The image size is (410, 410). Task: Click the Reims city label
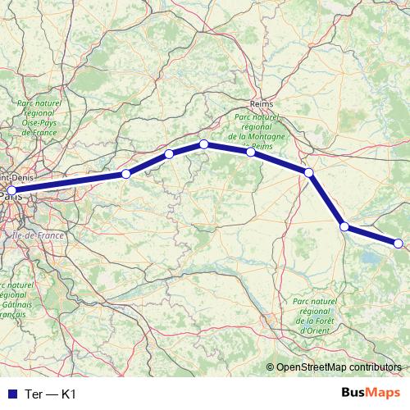point(261,105)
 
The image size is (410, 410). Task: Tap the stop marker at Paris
point(11,190)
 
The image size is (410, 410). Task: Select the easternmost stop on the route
point(399,243)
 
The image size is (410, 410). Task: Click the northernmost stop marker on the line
point(203,144)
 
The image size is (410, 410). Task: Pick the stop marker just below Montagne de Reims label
point(250,152)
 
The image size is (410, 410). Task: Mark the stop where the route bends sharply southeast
point(309,172)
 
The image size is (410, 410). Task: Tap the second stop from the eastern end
point(345,225)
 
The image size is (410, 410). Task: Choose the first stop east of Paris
point(125,174)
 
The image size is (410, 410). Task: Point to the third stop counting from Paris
point(169,154)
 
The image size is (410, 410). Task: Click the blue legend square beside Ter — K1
point(11,394)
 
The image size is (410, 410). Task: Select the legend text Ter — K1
point(52,394)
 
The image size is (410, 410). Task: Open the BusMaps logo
point(371,393)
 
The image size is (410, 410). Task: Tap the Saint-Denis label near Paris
point(18,175)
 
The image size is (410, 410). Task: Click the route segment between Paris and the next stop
point(69,182)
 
